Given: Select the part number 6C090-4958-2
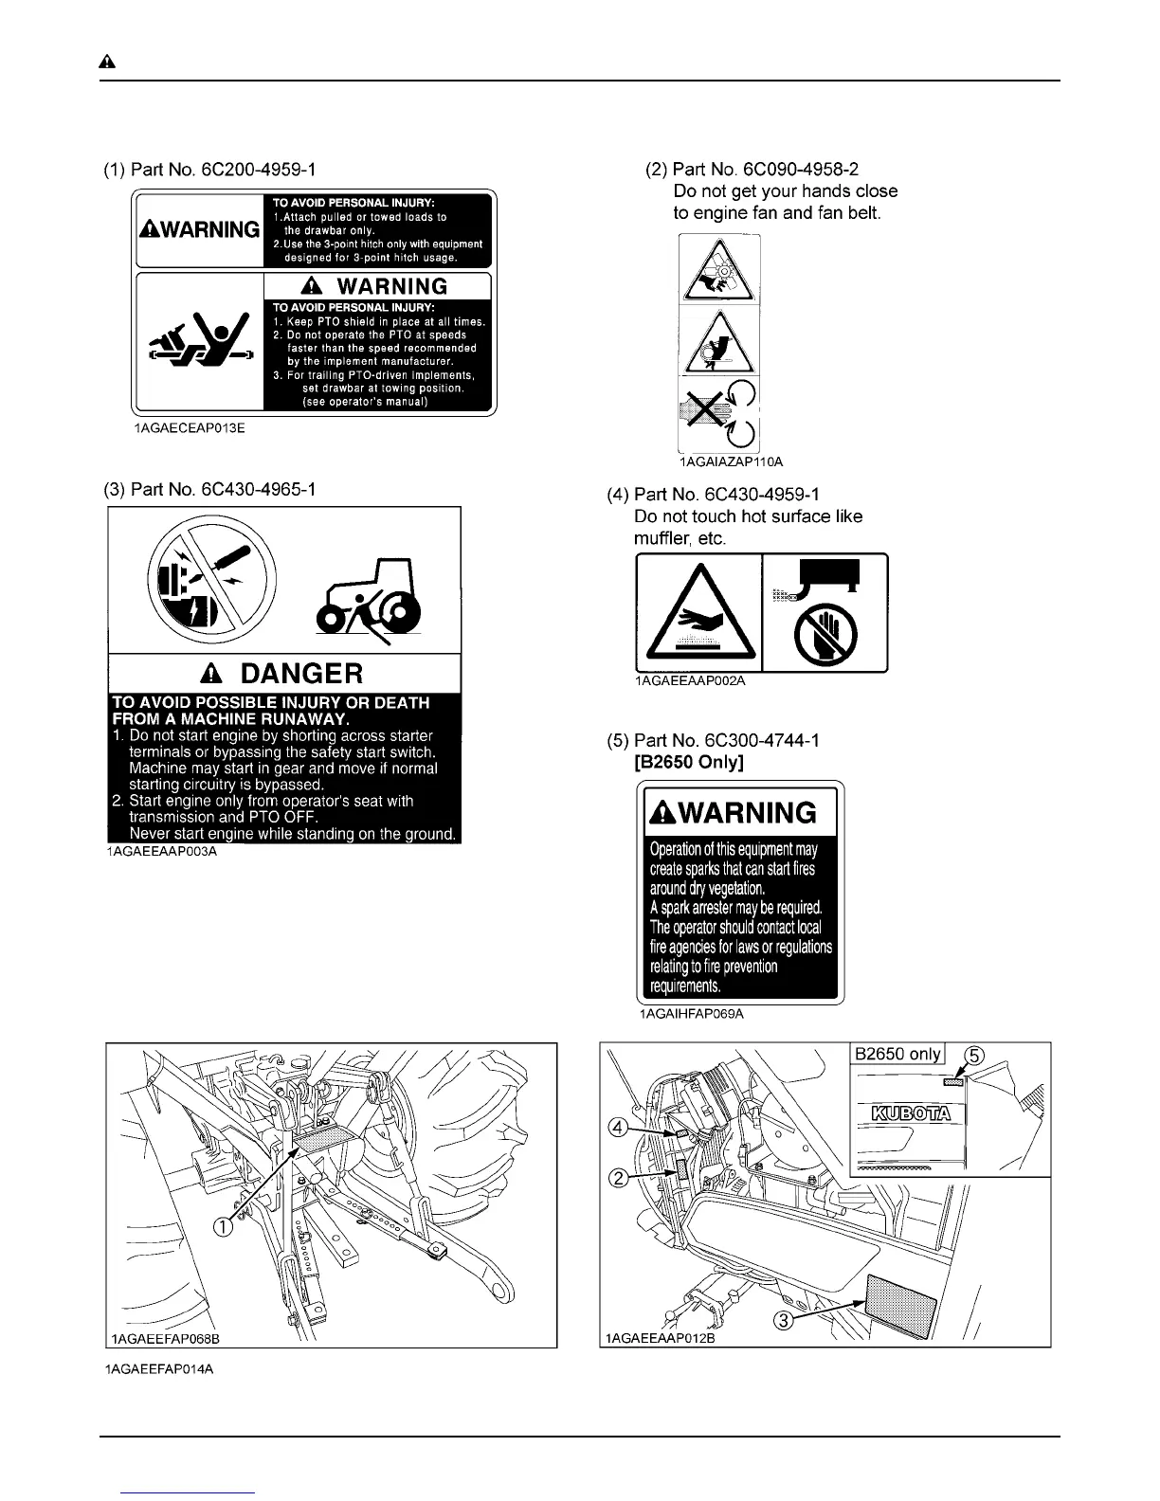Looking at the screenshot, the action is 799,170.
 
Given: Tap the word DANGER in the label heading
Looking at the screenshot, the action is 301,674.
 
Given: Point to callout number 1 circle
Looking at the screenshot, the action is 222,1228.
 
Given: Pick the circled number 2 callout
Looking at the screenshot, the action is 618,1179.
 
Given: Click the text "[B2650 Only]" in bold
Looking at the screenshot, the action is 689,762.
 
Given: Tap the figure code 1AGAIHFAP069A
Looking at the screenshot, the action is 692,1014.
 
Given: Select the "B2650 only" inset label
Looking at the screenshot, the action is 897,1055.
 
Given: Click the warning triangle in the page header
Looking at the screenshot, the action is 108,63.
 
